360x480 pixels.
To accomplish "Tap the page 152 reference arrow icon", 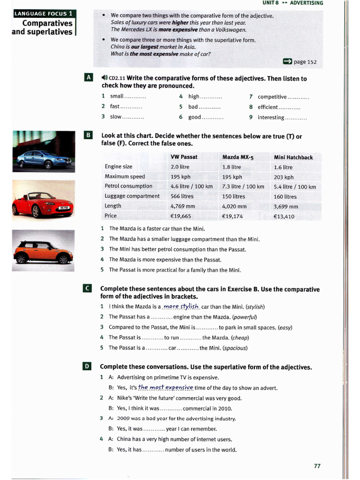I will (287, 61).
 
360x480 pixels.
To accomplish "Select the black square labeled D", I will (87, 367).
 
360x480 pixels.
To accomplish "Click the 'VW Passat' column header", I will (184, 157).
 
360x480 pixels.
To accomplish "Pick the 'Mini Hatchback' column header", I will (293, 157).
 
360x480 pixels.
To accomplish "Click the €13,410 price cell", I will (284, 217).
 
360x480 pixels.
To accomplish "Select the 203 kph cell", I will (284, 177).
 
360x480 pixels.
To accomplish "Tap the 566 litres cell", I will (182, 196).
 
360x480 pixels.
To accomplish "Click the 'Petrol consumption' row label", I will (128, 186).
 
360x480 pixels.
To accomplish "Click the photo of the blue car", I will (43, 152).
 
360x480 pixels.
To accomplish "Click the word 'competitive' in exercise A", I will (272, 97).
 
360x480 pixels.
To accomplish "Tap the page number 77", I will (317, 465).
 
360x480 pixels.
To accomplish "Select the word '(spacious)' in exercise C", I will (235, 348).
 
